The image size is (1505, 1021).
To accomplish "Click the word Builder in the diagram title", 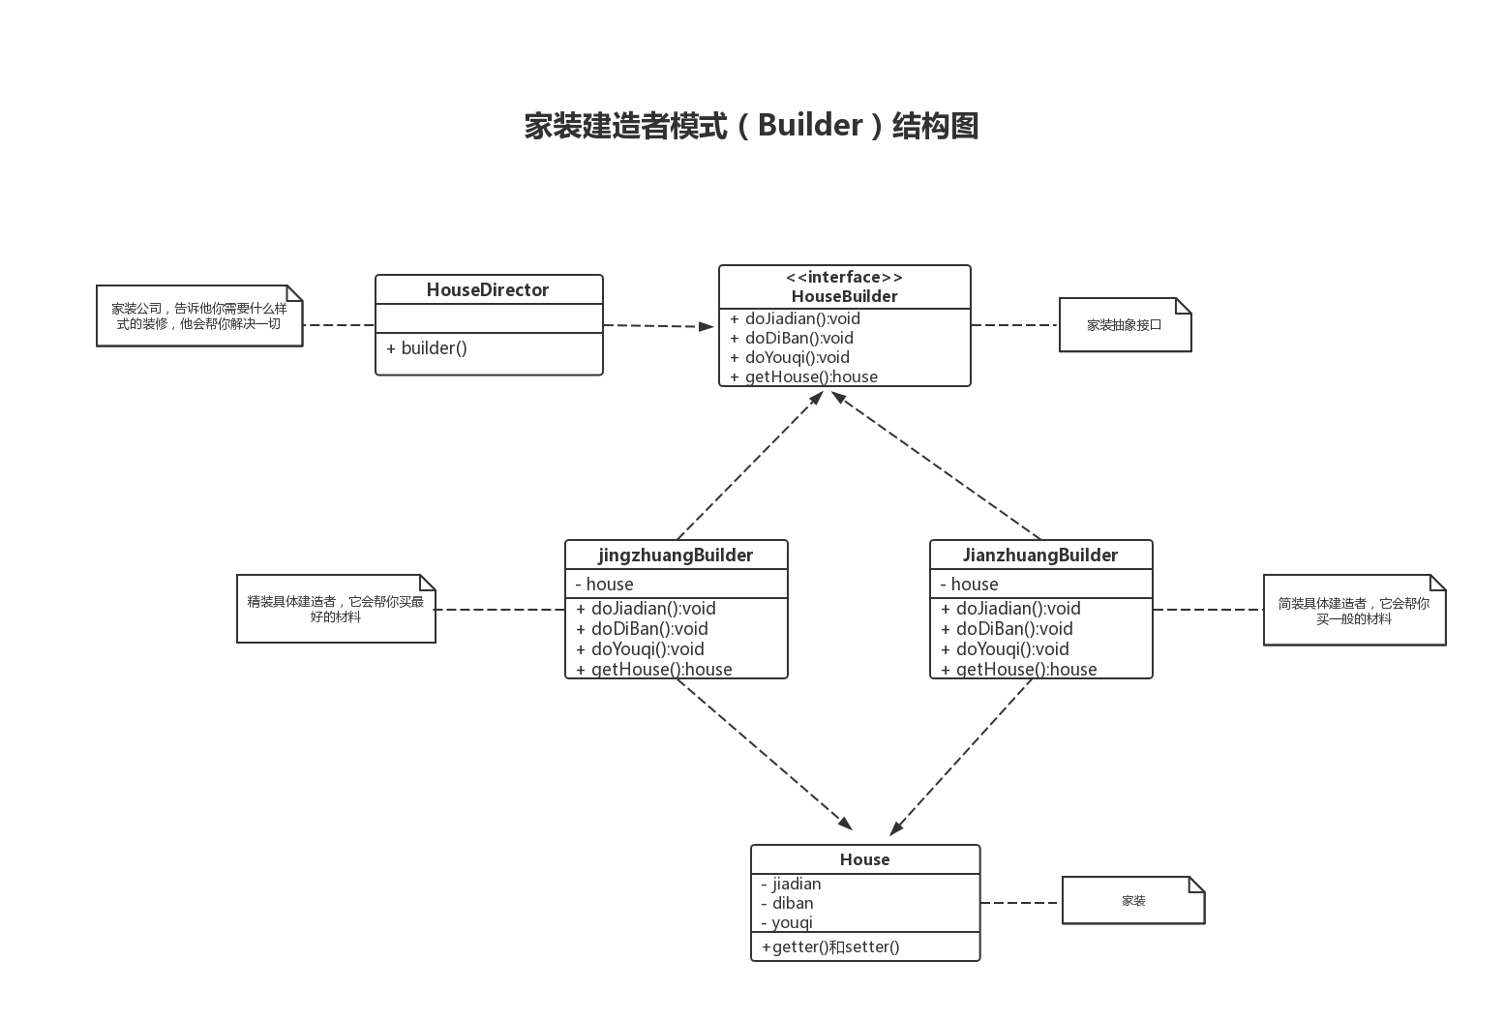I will click(x=809, y=126).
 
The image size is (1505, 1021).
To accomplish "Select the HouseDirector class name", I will click(x=488, y=290).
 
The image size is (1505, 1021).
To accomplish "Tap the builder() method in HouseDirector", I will click(x=427, y=348).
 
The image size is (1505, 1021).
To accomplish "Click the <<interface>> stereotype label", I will click(x=844, y=277).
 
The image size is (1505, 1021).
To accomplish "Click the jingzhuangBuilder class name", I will click(x=676, y=556).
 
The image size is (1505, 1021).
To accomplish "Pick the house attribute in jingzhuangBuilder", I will click(x=605, y=584).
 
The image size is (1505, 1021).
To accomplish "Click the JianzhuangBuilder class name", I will click(x=1040, y=556).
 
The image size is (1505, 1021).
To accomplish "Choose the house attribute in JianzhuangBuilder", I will click(x=970, y=584).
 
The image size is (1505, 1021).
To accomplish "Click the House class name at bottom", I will click(x=864, y=859).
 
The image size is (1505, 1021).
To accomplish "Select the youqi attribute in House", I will click(x=788, y=922).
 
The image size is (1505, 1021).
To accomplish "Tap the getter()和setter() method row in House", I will click(x=830, y=946).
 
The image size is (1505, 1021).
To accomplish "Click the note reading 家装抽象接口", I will click(x=1124, y=325).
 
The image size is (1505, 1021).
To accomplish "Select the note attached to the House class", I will click(x=1132, y=901).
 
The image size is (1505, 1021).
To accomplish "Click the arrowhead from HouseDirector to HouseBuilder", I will click(x=707, y=326).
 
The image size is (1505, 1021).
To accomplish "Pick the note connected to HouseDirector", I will click(x=199, y=315).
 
